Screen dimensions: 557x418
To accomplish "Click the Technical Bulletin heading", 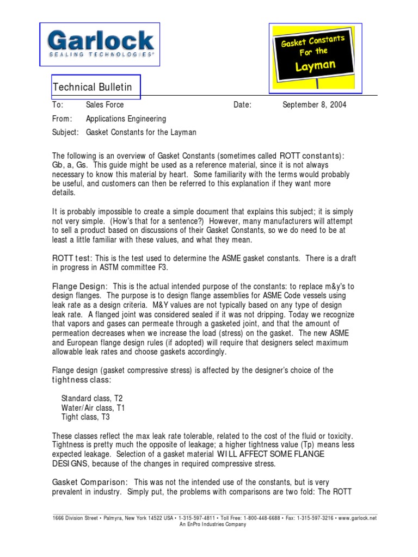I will click(x=92, y=88).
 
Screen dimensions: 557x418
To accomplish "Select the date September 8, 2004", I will click(x=314, y=104).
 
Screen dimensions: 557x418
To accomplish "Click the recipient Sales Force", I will click(x=104, y=104).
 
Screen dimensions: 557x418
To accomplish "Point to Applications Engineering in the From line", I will click(x=126, y=119).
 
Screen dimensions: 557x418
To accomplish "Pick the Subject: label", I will click(x=65, y=132).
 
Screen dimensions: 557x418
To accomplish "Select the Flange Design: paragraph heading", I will click(x=79, y=286).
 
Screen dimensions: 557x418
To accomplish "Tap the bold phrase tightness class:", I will click(x=81, y=379).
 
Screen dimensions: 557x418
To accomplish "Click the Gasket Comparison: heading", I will click(x=90, y=482).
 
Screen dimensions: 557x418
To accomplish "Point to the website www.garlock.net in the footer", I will click(x=356, y=518).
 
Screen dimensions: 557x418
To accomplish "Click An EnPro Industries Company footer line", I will click(x=213, y=524).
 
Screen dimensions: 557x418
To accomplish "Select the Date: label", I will click(x=242, y=104).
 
